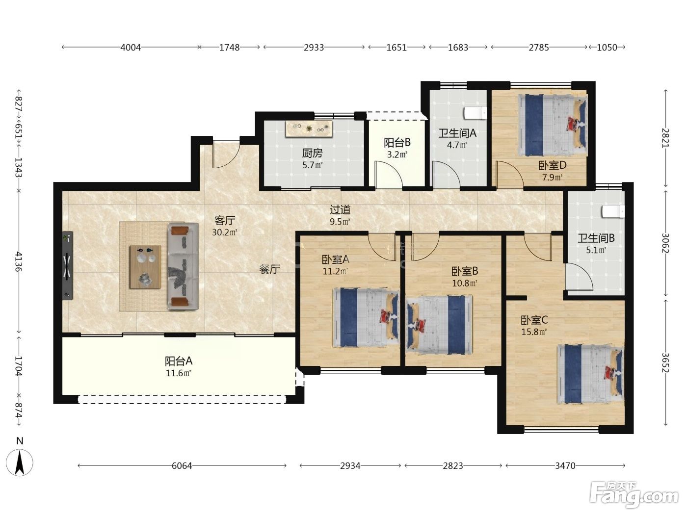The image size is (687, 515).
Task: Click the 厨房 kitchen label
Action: [312, 153]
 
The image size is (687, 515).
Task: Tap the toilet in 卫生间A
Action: [476, 113]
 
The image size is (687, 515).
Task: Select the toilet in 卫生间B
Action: [613, 211]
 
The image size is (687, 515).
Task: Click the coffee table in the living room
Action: [146, 267]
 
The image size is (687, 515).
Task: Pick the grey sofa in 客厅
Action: [183, 266]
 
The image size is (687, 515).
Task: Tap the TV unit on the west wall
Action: [67, 265]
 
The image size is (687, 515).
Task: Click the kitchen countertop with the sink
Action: [309, 129]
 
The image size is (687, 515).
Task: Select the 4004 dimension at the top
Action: [131, 48]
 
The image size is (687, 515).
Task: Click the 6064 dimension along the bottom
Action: [182, 465]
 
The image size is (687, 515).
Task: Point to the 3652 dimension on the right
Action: [666, 363]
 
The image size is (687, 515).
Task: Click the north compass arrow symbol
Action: [20, 463]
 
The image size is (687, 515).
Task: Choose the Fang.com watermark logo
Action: [634, 495]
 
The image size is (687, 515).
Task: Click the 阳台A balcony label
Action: [179, 361]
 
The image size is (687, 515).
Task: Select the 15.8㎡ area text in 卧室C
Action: [534, 332]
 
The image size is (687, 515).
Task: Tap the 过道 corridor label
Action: [340, 209]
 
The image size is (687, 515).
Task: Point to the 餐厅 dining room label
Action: [269, 269]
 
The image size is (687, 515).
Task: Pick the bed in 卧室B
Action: [439, 325]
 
